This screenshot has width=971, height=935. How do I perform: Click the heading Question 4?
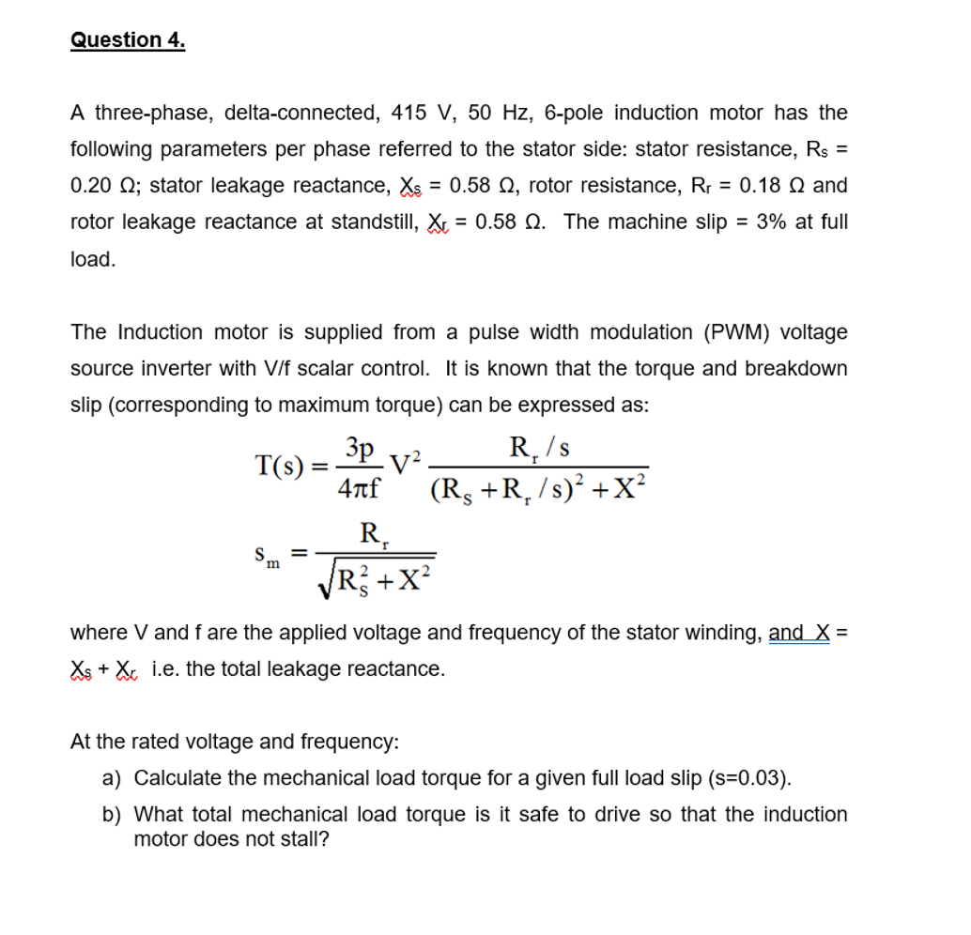[128, 40]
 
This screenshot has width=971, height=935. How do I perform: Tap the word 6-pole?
[575, 114]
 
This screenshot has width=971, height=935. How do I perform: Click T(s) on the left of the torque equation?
[279, 466]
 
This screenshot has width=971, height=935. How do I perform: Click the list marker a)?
[112, 778]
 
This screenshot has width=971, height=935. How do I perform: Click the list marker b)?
[112, 815]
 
